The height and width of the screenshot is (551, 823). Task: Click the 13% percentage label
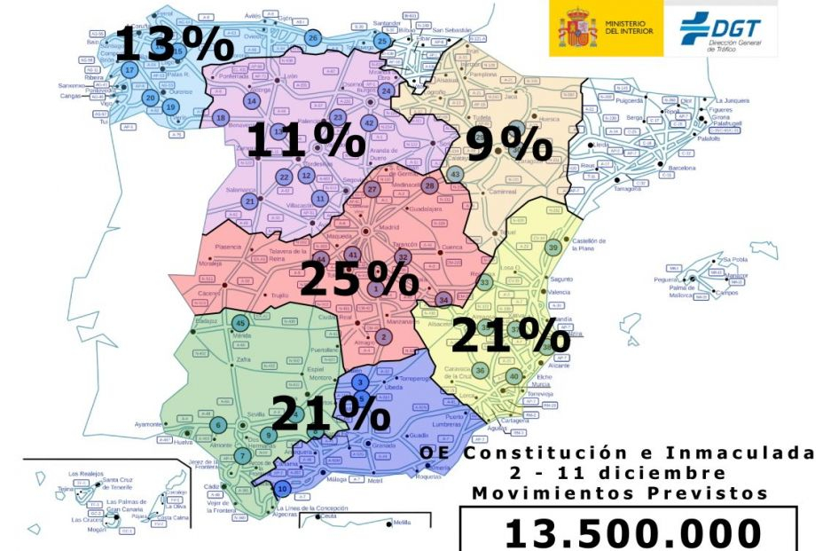click(x=159, y=43)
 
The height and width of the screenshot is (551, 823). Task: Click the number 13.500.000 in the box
click(x=633, y=533)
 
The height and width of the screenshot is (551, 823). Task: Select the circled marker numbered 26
click(x=312, y=37)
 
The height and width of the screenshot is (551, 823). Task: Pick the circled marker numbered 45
click(x=239, y=323)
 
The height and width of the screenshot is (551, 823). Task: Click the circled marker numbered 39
click(x=553, y=248)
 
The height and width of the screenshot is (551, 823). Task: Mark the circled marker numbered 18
click(x=221, y=118)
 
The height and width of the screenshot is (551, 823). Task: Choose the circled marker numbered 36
click(x=480, y=370)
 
